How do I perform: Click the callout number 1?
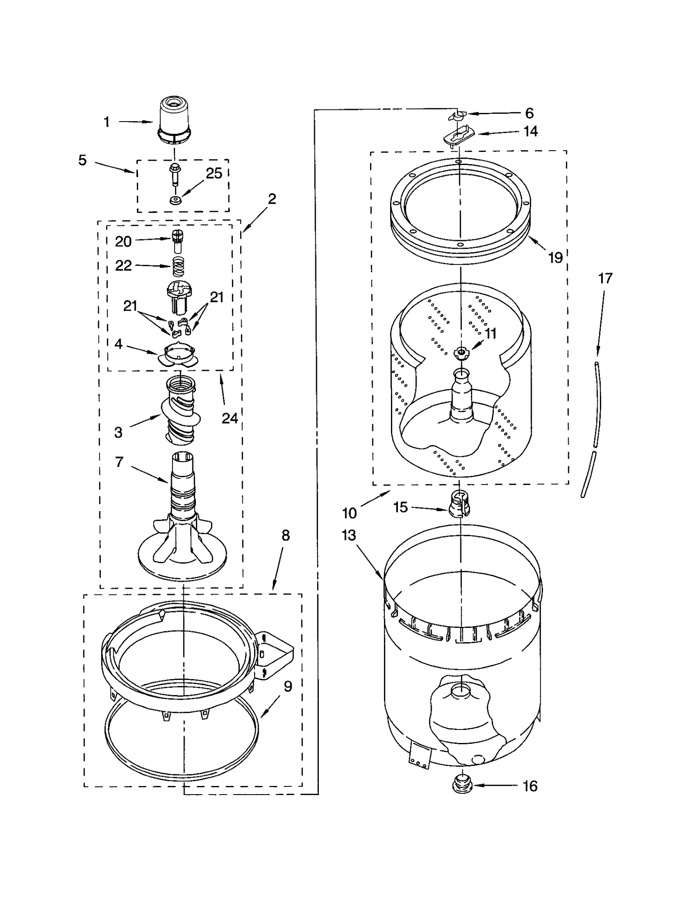tap(106, 122)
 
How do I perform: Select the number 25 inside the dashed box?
tap(214, 173)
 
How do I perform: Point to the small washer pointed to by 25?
tap(175, 200)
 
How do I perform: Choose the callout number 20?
tap(123, 241)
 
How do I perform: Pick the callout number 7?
tap(119, 462)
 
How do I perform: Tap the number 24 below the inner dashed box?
tap(229, 418)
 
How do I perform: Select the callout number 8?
tap(285, 535)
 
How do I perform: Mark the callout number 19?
tap(555, 257)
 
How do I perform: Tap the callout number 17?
tap(605, 278)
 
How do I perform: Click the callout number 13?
tap(348, 535)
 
